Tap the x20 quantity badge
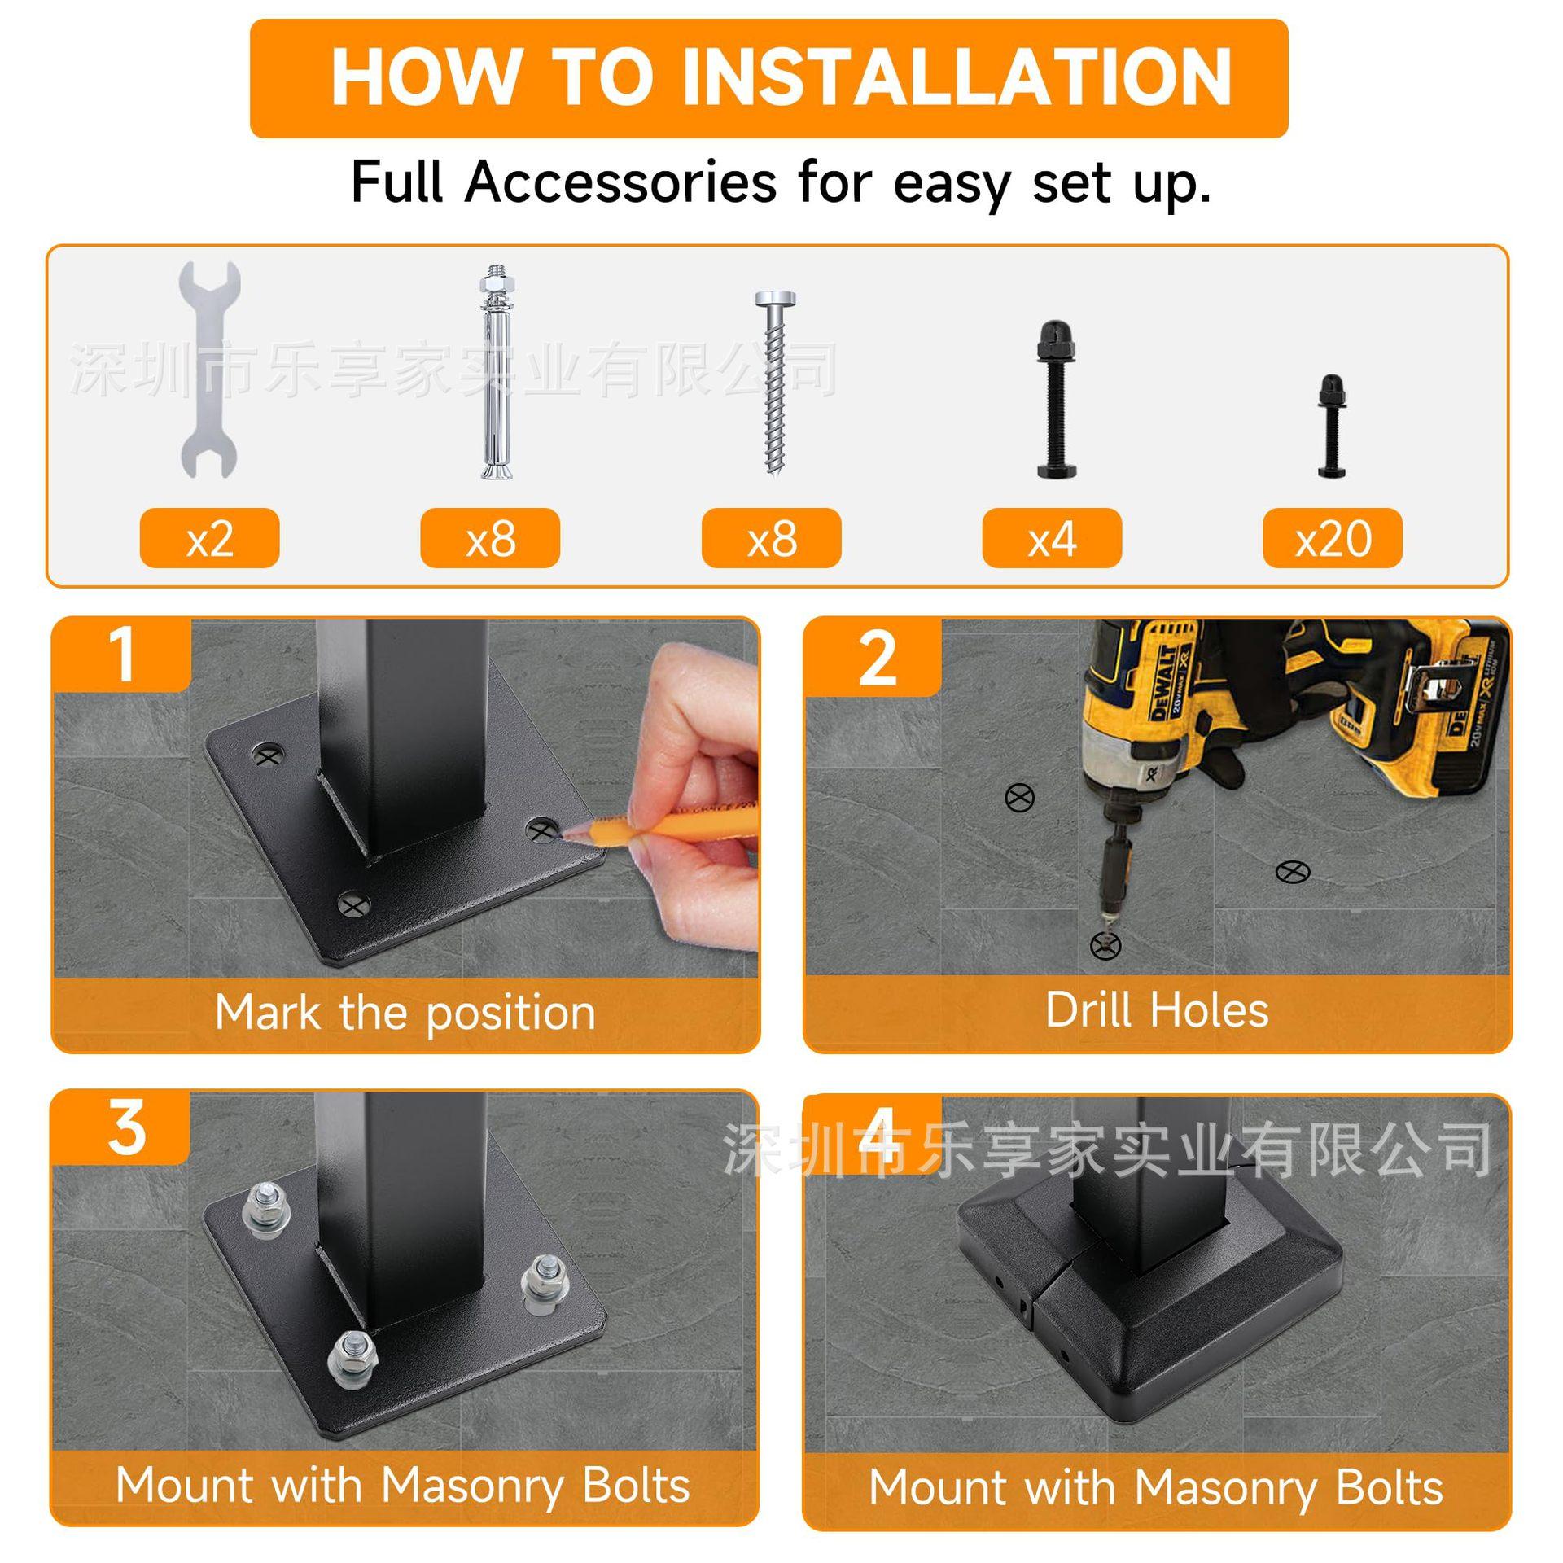pos(1333,538)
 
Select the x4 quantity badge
pos(1052,538)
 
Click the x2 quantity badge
pos(209,538)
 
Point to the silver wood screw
pos(775,383)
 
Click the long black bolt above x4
pos(1057,399)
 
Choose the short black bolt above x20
pos(1332,426)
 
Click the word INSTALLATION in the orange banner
pos(957,77)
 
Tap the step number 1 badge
pos(122,655)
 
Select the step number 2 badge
pos(874,658)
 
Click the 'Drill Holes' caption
pos(1157,1010)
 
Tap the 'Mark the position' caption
pos(405,1014)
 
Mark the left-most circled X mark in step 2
pos(1020,799)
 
